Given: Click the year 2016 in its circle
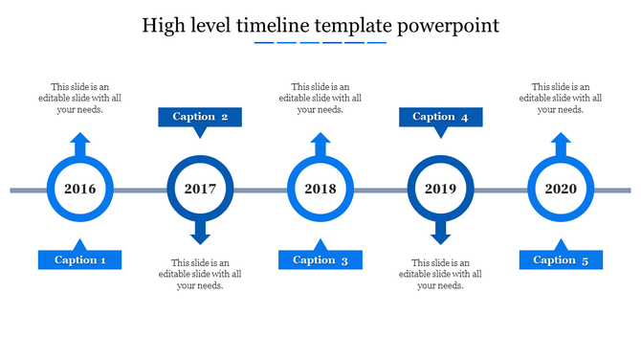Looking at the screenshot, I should [x=80, y=190].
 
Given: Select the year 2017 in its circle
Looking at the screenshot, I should [x=200, y=190].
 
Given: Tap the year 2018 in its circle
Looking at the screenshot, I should [x=320, y=190].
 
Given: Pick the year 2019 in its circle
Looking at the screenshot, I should [x=440, y=190].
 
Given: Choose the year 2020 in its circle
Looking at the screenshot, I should [x=561, y=190].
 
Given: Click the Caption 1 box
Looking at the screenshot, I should [x=80, y=259].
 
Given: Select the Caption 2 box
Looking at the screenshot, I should [x=200, y=117].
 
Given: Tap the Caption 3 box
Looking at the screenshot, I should [x=320, y=259].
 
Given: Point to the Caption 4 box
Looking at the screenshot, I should [x=440, y=117].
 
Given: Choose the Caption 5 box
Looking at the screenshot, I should [x=561, y=259].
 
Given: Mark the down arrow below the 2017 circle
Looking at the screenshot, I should [x=200, y=233].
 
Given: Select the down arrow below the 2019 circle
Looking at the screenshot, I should [x=440, y=233].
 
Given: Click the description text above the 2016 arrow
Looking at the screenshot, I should [x=80, y=98].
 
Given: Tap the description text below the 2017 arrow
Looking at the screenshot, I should [x=200, y=274].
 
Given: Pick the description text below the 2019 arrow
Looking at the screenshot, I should [x=440, y=274].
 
